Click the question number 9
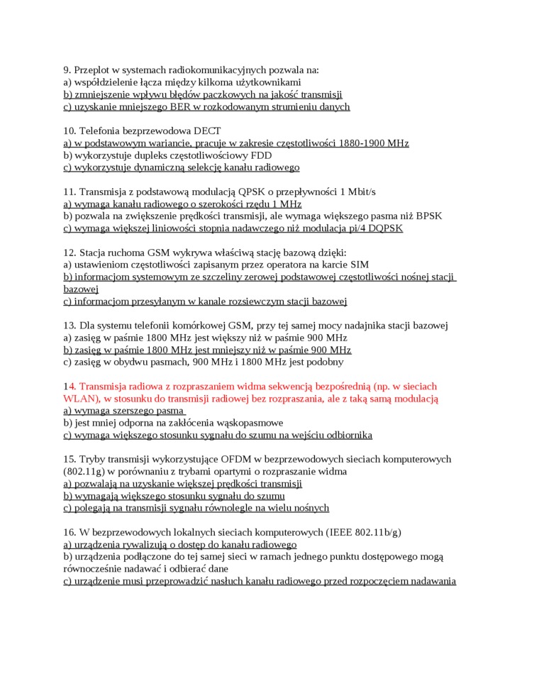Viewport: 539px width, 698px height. tap(67, 70)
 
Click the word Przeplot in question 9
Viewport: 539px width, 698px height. tap(95, 70)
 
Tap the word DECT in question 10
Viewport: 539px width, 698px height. tap(207, 131)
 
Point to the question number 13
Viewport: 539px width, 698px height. tap(70, 326)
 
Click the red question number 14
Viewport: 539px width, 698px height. tap(70, 387)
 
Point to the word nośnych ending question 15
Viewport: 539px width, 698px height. tap(312, 508)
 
